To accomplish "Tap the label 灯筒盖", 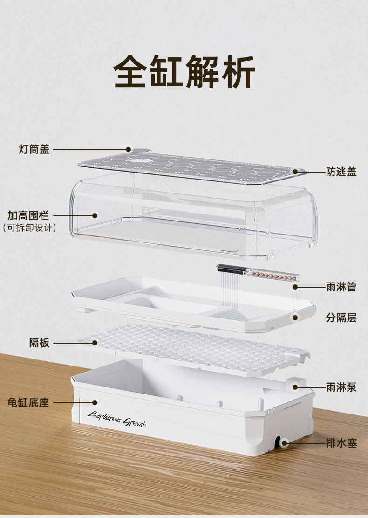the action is (34, 150).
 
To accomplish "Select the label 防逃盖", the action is (341, 172).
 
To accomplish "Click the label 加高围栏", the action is (28, 216).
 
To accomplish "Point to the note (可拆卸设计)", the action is (29, 228).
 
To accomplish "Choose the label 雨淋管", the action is (341, 287).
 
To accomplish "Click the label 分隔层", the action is (341, 318).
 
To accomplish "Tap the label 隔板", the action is (39, 343).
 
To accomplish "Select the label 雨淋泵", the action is (341, 387).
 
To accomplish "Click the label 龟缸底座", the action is (28, 402).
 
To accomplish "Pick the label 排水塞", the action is (341, 443).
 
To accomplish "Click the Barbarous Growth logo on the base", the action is (116, 418).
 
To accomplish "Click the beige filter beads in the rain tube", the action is (272, 275).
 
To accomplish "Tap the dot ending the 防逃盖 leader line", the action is (295, 172).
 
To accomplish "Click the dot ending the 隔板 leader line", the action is (95, 343).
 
